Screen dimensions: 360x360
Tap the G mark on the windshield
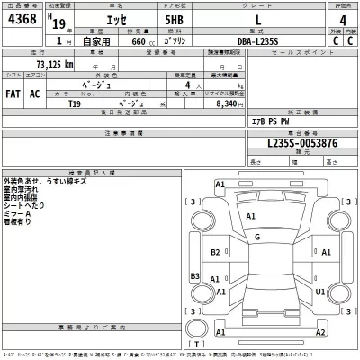257,237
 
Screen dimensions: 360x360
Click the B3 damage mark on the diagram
193,277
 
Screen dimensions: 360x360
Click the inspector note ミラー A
19,214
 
